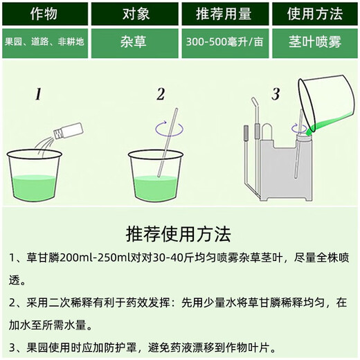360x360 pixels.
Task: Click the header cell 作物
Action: pos(44,13)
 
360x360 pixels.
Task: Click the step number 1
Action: pos(39,94)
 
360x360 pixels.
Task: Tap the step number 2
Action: pos(161,94)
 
